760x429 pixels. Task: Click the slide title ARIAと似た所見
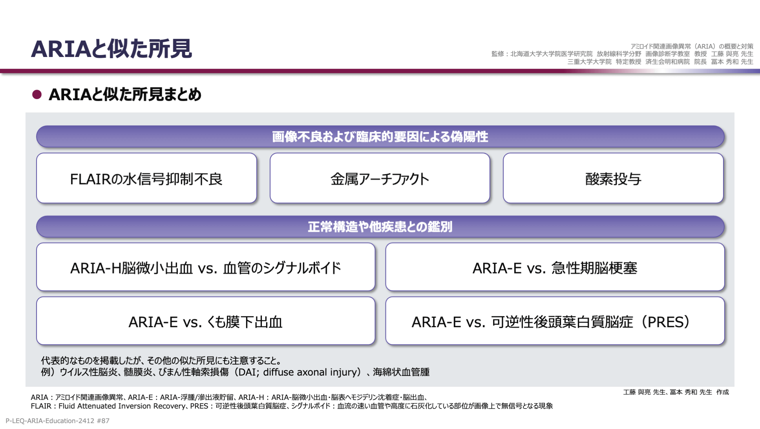111,49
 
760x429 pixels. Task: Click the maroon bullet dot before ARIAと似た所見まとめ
37,95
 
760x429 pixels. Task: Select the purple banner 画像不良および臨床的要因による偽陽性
380,137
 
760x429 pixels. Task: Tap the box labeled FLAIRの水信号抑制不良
146,178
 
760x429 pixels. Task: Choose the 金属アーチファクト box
380,178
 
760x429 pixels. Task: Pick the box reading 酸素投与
613,178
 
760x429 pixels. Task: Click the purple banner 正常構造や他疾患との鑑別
380,227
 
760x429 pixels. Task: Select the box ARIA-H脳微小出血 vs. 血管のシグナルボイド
206,267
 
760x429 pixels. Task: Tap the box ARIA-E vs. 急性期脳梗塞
555,267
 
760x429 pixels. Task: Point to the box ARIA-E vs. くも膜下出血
206,321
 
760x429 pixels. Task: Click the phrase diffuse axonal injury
312,372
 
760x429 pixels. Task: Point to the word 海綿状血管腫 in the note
401,372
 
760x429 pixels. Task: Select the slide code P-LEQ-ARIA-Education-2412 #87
57,421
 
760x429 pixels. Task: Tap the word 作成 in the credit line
722,392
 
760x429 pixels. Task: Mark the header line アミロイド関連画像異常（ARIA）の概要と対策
692,46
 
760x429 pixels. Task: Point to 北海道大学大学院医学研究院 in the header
551,54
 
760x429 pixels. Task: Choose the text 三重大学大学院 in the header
589,62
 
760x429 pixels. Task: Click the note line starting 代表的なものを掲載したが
161,360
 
